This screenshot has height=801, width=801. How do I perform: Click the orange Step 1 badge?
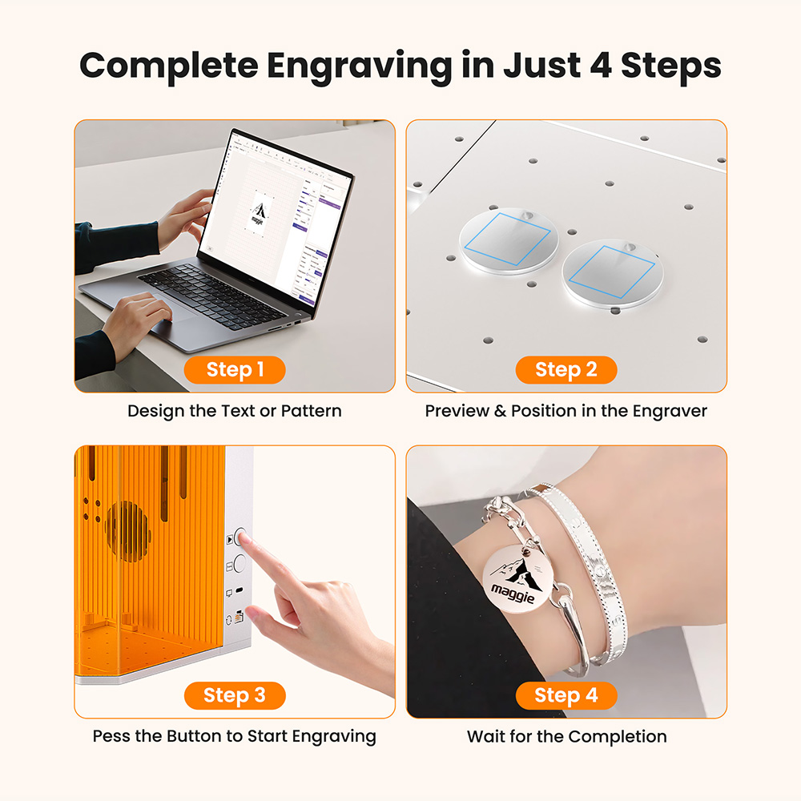click(235, 369)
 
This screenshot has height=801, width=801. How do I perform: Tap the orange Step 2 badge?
click(566, 369)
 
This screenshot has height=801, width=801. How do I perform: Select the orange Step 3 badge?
click(235, 695)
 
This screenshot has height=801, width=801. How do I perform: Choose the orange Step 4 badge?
click(566, 695)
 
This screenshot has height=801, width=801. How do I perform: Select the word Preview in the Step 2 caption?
click(457, 411)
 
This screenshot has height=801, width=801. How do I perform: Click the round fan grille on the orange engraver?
click(127, 531)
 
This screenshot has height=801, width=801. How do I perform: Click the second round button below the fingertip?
click(239, 563)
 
